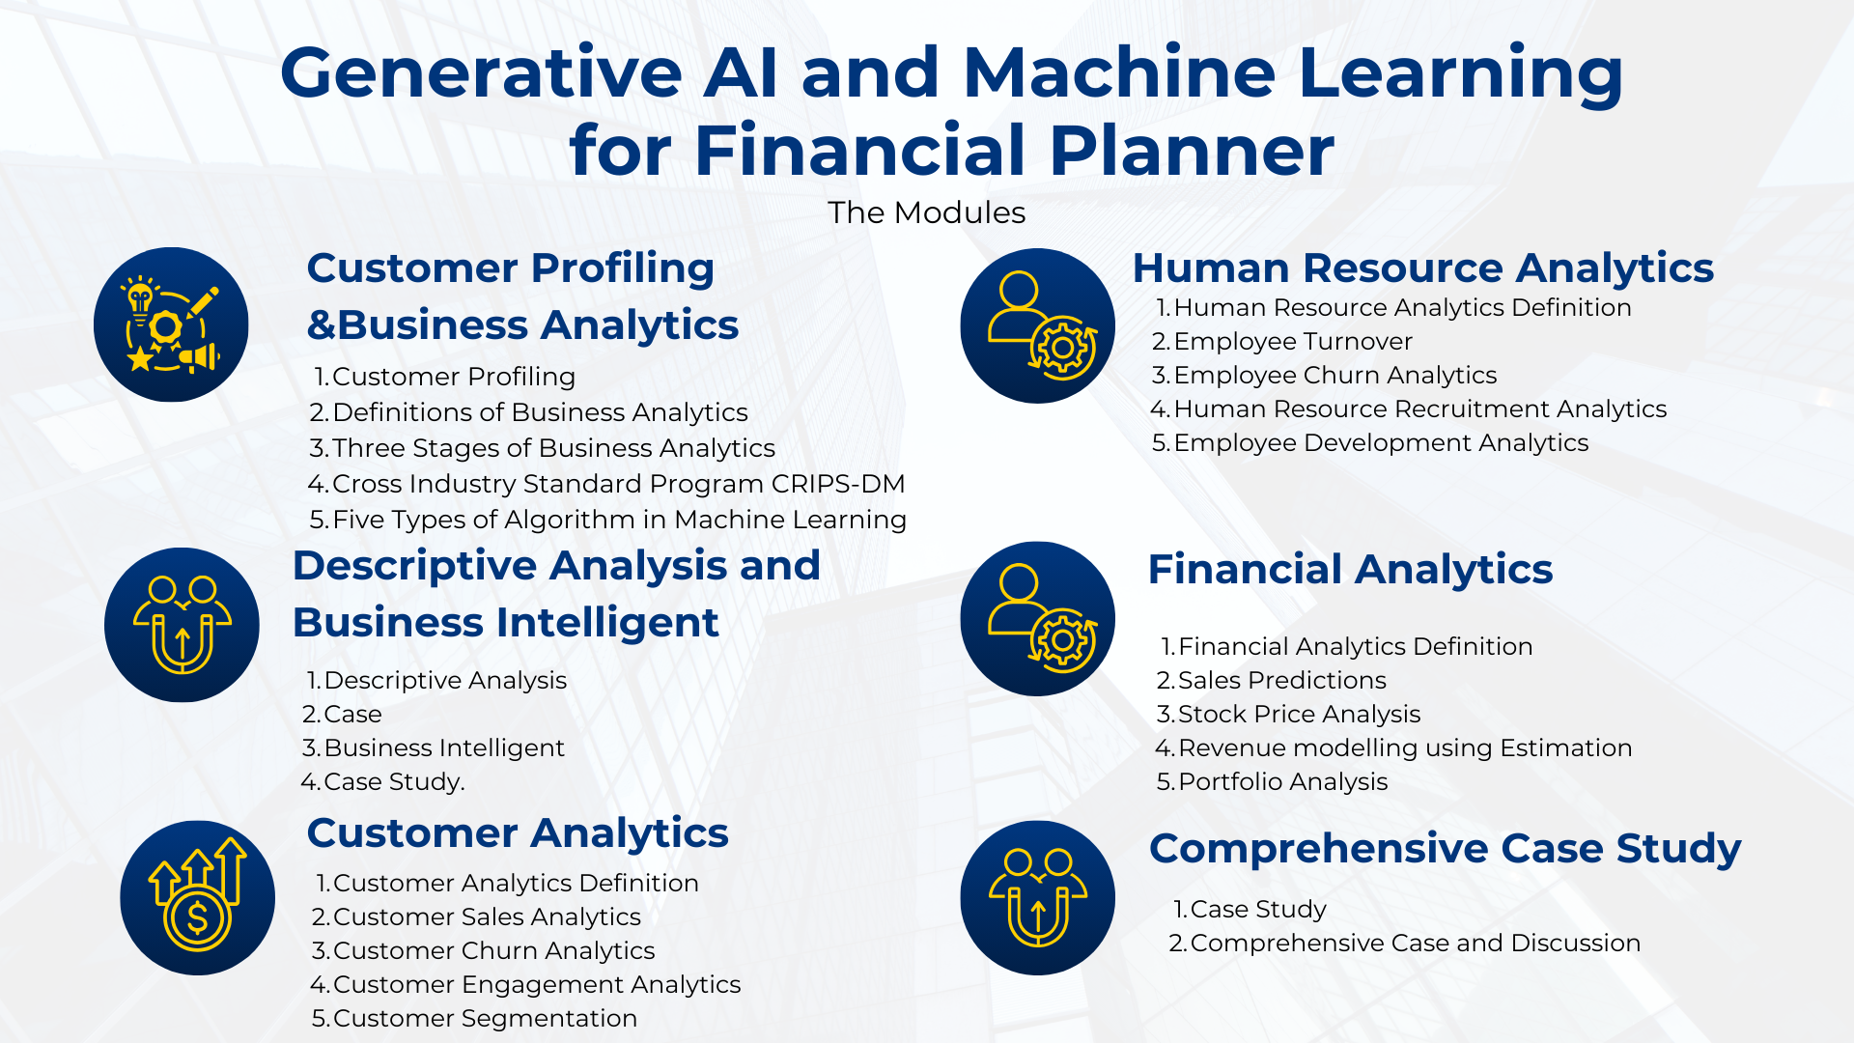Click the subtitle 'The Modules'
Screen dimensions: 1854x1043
pos(926,212)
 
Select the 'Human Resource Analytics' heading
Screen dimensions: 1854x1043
pos(1422,268)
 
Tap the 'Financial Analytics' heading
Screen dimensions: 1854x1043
pos(1350,570)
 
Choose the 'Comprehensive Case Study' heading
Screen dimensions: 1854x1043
pos(1445,849)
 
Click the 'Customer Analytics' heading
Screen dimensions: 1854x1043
pos(518,833)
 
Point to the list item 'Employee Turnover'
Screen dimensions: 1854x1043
pos(1293,342)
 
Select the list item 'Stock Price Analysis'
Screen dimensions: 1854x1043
pos(1299,715)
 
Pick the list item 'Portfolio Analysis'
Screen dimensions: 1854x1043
pos(1282,782)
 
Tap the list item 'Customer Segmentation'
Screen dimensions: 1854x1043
pos(485,1019)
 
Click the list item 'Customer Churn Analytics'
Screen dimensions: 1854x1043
pos(493,951)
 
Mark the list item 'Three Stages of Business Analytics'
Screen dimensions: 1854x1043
pos(553,449)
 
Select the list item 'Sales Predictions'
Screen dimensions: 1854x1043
pos(1281,681)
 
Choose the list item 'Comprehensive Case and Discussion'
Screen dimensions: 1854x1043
pos(1415,944)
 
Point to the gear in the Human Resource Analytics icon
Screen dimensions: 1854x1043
pos(1063,347)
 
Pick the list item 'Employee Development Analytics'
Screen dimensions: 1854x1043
pos(1381,443)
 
